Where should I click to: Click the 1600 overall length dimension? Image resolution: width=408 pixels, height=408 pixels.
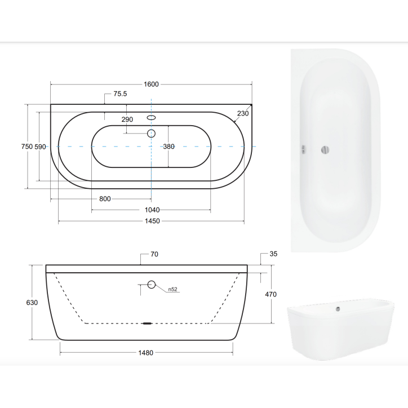pyautogui.click(x=151, y=84)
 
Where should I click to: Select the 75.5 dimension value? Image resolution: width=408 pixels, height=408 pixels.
pyautogui.click(x=119, y=94)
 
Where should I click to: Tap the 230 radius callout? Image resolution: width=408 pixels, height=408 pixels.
pyautogui.click(x=243, y=113)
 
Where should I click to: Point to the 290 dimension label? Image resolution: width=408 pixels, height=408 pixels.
pyautogui.click(x=127, y=119)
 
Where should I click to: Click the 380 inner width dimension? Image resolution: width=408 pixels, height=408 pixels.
pyautogui.click(x=169, y=147)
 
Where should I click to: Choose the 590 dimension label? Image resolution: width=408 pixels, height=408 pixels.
pyautogui.click(x=40, y=147)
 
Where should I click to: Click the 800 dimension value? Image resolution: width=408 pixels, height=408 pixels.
pyautogui.click(x=105, y=199)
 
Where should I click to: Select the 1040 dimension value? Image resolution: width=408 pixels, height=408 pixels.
pyautogui.click(x=152, y=210)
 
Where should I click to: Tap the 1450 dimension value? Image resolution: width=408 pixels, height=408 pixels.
pyautogui.click(x=152, y=221)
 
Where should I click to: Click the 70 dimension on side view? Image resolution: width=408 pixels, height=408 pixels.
pyautogui.click(x=154, y=254)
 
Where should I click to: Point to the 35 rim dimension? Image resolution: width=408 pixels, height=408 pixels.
pyautogui.click(x=273, y=254)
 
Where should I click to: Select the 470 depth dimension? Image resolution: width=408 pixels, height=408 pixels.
pyautogui.click(x=270, y=294)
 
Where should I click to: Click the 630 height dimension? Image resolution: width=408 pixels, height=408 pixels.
pyautogui.click(x=32, y=303)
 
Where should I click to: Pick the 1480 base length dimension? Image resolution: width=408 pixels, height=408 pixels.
pyautogui.click(x=146, y=353)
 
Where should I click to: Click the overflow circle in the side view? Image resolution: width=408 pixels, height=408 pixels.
pyautogui.click(x=151, y=285)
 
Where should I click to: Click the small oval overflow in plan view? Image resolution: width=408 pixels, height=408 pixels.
pyautogui.click(x=151, y=118)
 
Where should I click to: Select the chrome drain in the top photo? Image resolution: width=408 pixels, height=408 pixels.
pyautogui.click(x=324, y=149)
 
